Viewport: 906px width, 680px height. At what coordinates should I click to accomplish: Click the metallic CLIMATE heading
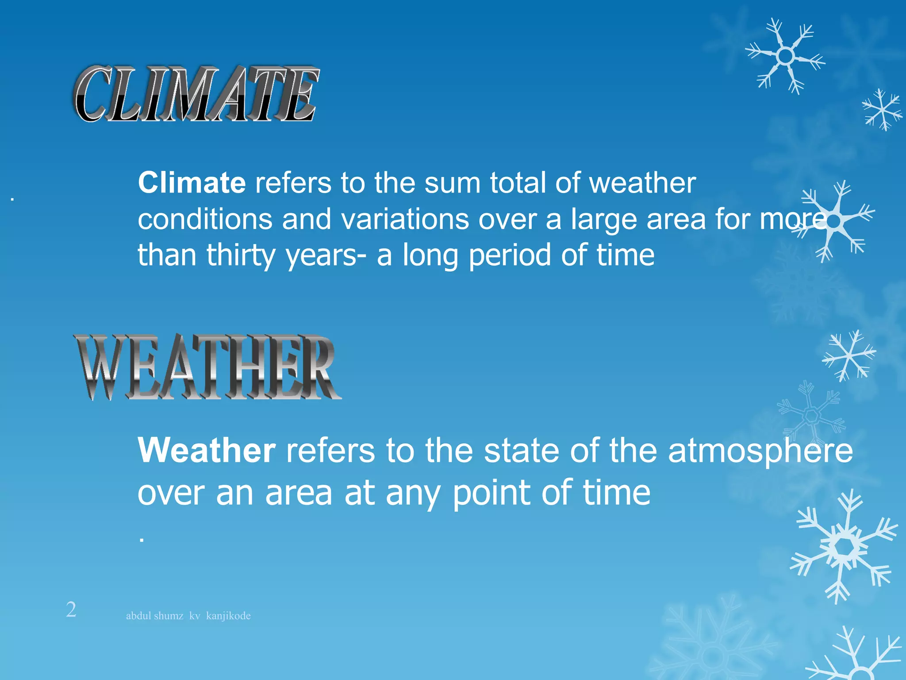[196, 94]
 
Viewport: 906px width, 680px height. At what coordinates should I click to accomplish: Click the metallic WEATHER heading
[207, 367]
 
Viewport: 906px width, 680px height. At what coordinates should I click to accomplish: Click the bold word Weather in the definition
[207, 450]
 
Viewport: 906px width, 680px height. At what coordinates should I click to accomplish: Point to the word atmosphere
[760, 452]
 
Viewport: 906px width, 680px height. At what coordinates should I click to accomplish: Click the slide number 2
[71, 610]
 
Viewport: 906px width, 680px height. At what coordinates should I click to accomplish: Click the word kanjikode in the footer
[228, 616]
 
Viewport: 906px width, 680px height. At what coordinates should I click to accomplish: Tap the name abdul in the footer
[138, 616]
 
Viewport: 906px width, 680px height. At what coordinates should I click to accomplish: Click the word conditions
[204, 219]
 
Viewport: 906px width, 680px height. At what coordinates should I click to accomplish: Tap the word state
[521, 451]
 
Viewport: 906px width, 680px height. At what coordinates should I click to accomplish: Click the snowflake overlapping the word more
[834, 220]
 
